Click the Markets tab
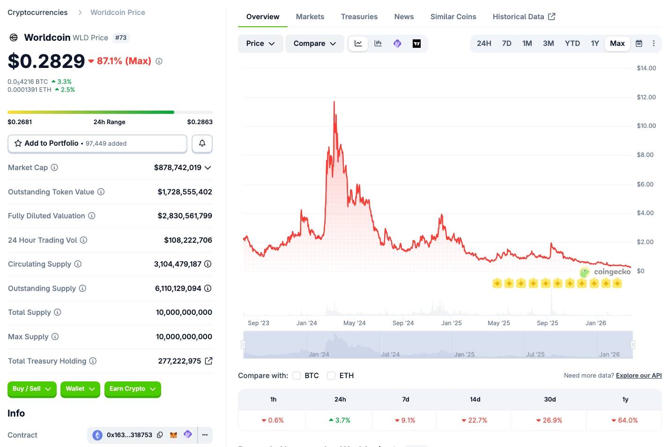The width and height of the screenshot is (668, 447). coord(310,17)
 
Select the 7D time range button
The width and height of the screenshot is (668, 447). coord(506,44)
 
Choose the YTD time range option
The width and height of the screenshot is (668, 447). coord(572,44)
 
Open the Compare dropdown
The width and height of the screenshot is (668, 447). coord(314,44)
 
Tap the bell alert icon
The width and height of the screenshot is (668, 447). coord(202,143)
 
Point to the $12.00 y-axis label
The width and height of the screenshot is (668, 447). coord(646,97)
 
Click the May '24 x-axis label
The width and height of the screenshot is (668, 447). coord(354,323)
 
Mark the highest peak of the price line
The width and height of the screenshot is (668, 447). coord(334,102)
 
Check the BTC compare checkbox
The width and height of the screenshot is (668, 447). coord(297,376)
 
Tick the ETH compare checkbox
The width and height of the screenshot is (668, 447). coord(331,376)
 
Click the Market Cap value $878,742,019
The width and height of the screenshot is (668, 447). coord(178,168)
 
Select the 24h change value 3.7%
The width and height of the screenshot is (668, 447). coord(342,420)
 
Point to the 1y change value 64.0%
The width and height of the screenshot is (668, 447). coord(627,420)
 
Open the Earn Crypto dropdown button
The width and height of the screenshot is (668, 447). coord(133,389)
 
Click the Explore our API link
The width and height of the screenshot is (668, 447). coord(638,376)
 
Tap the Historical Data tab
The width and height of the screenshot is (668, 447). coord(524,17)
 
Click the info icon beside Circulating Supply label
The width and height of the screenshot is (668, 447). coord(78,264)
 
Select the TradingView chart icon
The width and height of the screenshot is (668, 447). coord(416,44)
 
